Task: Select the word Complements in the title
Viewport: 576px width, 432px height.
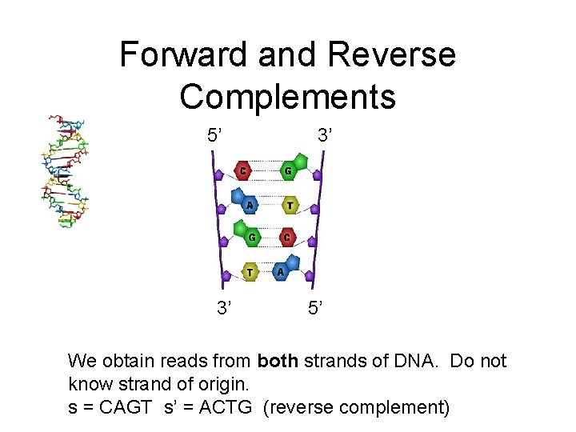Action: (x=287, y=96)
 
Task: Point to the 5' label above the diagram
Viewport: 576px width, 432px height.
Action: (x=215, y=135)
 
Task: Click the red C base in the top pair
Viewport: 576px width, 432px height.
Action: (x=242, y=170)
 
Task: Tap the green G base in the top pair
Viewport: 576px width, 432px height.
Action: (x=288, y=170)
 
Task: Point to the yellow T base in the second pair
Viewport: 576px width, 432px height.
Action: (x=289, y=206)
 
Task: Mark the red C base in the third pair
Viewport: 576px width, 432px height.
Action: (x=288, y=238)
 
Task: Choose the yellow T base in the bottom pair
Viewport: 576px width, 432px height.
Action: (x=250, y=272)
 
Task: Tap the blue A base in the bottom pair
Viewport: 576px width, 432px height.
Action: (x=282, y=271)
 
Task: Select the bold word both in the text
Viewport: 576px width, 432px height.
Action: (x=278, y=362)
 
